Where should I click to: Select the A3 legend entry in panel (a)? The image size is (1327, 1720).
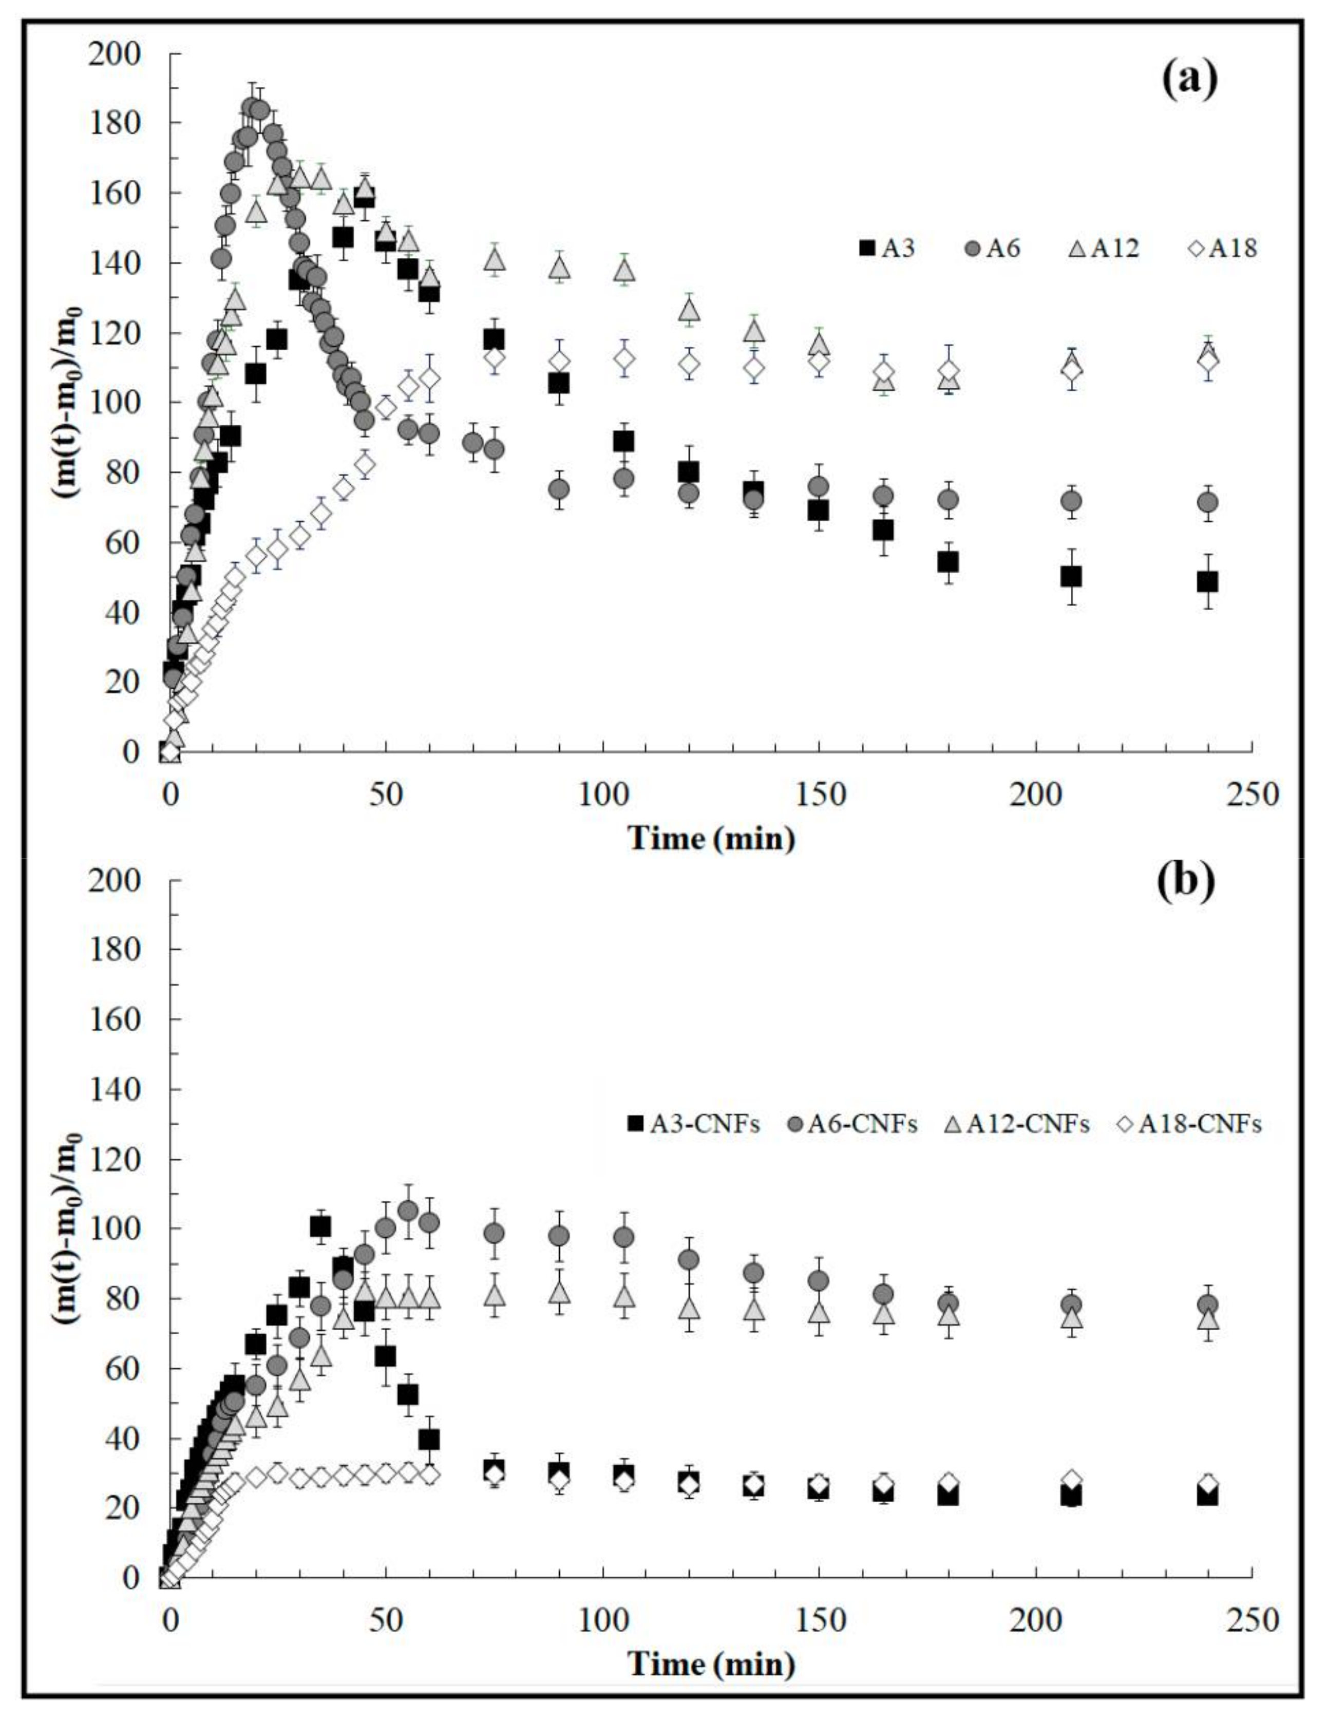pos(888,248)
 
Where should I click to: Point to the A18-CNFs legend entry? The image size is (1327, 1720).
pos(1190,1123)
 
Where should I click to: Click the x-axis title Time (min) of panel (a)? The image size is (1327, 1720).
pos(711,838)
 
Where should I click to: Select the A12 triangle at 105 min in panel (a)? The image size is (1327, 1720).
pos(624,270)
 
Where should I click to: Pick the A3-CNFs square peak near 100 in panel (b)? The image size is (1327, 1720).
pos(320,1226)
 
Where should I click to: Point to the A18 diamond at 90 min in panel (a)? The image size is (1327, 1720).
pos(559,361)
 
